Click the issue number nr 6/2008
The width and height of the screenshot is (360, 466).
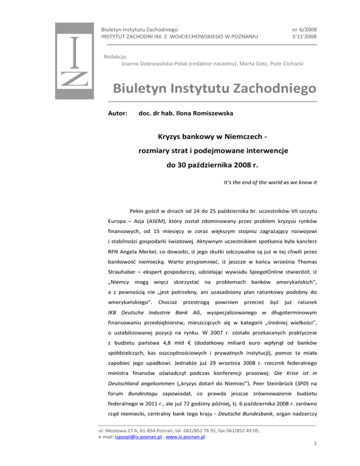(301, 30)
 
